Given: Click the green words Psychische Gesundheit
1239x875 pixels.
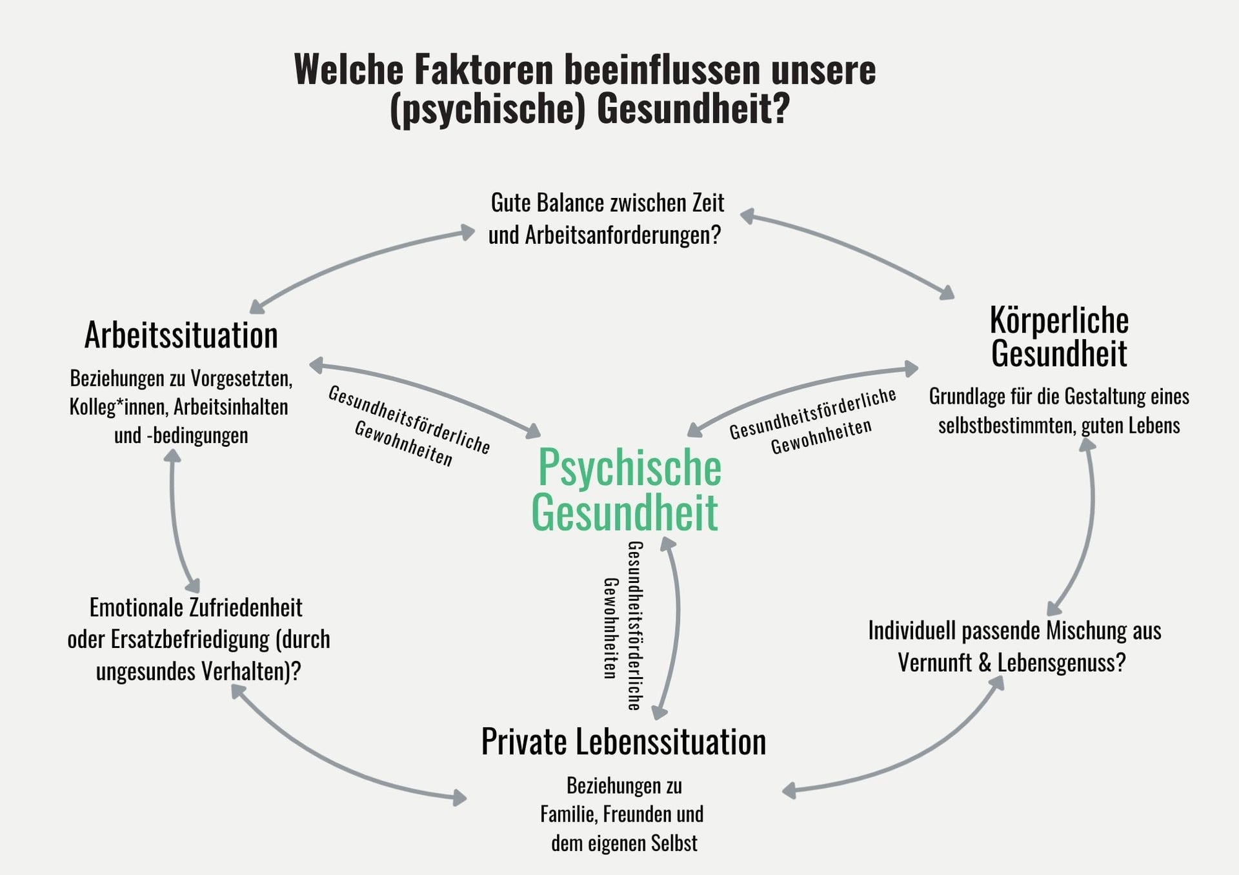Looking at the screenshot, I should [626, 490].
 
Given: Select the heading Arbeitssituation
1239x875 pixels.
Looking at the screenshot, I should [181, 336].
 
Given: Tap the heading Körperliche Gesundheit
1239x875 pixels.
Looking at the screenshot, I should [1059, 337].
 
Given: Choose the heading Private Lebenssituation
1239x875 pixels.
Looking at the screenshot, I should [623, 742].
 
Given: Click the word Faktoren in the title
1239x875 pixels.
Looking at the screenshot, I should [483, 70].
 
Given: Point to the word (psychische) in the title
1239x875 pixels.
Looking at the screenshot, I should [488, 108].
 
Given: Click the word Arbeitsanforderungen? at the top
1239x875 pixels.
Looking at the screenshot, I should [622, 235].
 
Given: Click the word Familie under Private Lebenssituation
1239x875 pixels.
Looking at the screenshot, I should [564, 814].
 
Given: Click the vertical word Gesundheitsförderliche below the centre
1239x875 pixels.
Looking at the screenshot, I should [635, 625].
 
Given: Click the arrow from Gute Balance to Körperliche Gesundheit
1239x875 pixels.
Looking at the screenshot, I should [852, 248].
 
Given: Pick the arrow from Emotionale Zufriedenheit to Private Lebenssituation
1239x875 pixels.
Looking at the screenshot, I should [336, 764].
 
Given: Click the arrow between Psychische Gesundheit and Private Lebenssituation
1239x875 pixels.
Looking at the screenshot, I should [675, 625].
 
